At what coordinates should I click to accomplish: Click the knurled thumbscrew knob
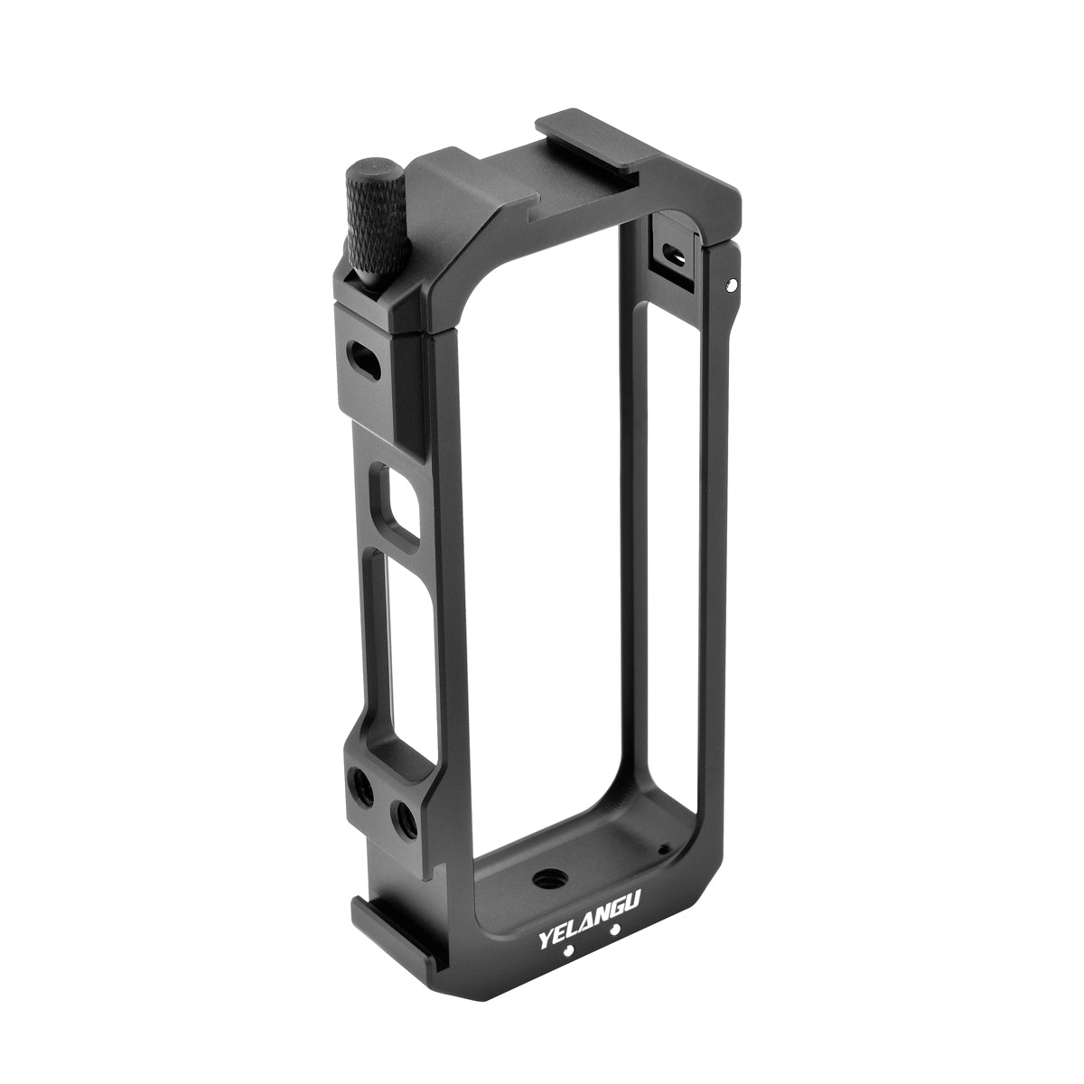coord(375,221)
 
